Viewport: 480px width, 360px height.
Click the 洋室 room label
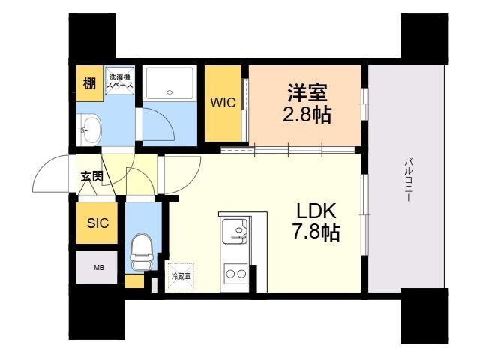click(307, 94)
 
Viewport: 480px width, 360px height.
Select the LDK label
click(315, 211)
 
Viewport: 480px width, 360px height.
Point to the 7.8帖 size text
click(315, 232)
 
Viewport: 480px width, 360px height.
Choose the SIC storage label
click(97, 223)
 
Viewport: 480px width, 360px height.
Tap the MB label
click(98, 267)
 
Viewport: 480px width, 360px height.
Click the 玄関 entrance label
click(91, 177)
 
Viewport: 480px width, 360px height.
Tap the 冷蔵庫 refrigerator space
click(181, 275)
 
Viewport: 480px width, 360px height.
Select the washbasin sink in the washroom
click(91, 129)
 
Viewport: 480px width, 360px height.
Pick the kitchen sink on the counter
click(237, 229)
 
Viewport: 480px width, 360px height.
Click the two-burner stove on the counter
click(236, 274)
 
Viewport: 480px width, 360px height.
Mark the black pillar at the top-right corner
click(423, 38)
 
